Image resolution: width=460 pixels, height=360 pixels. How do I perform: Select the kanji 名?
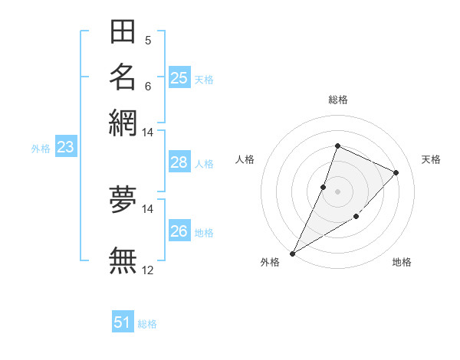point(123,77)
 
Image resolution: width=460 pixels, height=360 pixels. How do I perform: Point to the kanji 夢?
point(123,198)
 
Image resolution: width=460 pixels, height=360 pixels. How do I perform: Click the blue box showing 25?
point(179,78)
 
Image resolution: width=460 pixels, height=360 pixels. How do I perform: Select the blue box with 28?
point(179,162)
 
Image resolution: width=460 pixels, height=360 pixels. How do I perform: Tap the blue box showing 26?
point(179,231)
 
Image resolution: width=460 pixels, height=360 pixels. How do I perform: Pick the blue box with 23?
point(65,148)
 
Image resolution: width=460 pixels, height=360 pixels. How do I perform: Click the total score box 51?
point(123,322)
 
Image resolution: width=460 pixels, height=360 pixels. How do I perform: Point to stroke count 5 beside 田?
point(148,40)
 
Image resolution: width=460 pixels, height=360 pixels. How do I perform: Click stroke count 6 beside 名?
point(148,85)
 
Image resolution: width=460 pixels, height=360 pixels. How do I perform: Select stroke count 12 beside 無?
point(148,270)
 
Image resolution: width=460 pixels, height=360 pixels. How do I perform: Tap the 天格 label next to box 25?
point(204,80)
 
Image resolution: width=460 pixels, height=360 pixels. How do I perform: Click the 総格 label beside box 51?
point(147,324)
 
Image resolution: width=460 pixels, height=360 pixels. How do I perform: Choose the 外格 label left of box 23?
point(41,149)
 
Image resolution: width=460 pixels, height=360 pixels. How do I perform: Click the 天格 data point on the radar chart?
point(396,172)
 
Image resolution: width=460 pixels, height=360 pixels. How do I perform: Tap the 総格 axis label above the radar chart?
point(337,100)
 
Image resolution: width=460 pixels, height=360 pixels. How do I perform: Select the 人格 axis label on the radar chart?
point(245,159)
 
